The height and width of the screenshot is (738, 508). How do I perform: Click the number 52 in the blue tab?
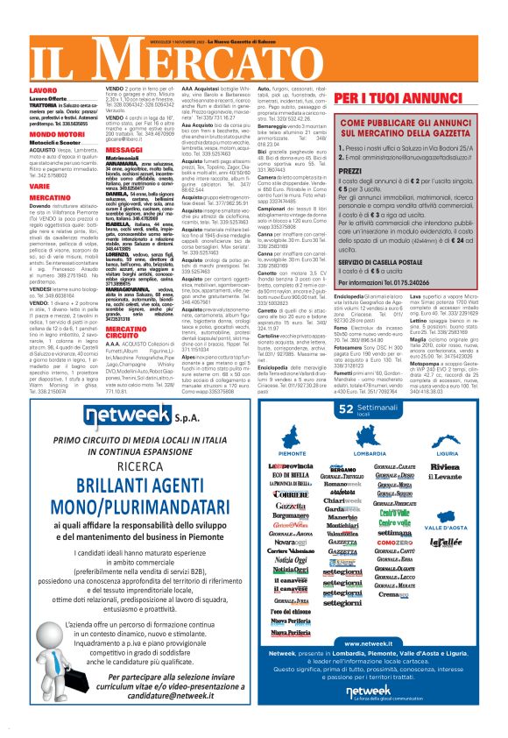[347, 408]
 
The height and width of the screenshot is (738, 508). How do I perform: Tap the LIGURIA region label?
[447, 454]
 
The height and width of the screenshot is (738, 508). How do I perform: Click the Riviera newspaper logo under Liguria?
[446, 466]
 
